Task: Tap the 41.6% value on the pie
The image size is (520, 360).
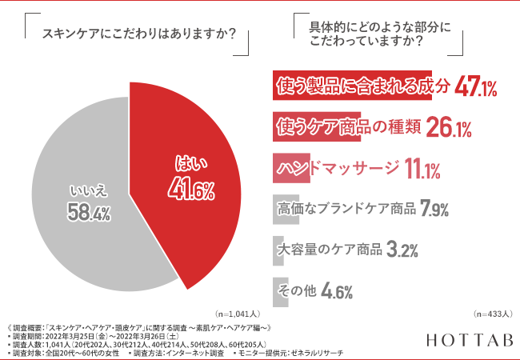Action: [x=191, y=190]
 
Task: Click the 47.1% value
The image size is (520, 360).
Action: [x=477, y=87]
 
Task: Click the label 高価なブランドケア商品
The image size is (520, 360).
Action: [x=346, y=210]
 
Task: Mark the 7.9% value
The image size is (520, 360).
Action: [x=434, y=210]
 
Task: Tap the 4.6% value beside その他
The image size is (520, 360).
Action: [x=337, y=292]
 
